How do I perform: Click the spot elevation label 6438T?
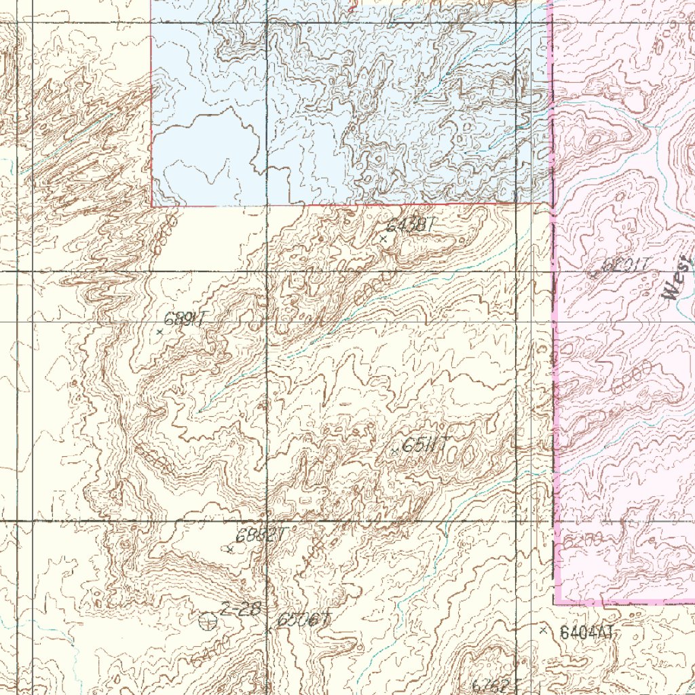[410, 226]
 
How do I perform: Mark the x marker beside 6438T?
[383, 239]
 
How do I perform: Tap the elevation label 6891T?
[185, 318]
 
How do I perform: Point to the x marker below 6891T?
[159, 332]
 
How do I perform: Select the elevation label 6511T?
[425, 445]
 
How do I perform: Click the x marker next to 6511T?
[395, 451]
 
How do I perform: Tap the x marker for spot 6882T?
[231, 548]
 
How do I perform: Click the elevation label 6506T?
[303, 620]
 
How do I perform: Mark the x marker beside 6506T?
[269, 630]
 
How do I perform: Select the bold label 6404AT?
[587, 633]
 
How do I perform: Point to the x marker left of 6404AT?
[542, 631]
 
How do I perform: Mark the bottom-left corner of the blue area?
[151, 206]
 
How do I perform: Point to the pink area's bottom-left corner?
[556, 603]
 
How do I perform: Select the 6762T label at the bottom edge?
[495, 685]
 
